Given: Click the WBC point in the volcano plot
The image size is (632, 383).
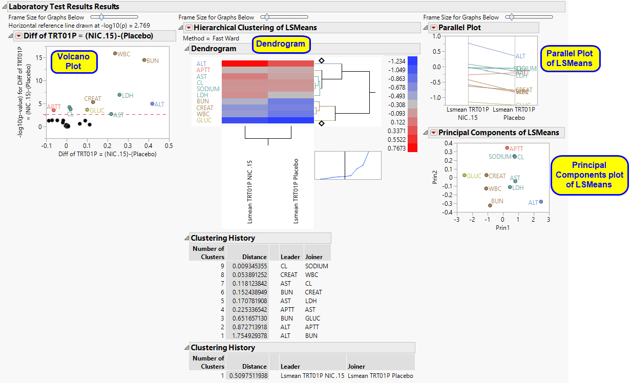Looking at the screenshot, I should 115,53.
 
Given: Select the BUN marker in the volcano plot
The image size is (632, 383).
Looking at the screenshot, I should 144,60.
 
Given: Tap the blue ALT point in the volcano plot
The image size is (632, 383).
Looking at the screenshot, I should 152,103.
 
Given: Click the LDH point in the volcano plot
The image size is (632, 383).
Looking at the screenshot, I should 119,95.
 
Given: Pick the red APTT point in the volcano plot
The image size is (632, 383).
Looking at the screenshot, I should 53,110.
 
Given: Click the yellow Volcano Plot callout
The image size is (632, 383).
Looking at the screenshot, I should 70,61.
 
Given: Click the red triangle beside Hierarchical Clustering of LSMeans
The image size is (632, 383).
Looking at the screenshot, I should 188,28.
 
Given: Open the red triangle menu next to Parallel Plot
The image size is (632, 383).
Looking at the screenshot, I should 433,28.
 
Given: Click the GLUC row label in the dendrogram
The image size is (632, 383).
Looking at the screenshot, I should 204,120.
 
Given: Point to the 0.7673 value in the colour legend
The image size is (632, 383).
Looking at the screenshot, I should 396,148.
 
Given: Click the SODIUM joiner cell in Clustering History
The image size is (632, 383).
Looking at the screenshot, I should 317,266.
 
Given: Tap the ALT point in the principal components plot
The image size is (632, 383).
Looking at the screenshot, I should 541,202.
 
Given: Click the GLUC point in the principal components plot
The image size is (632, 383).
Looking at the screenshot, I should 465,175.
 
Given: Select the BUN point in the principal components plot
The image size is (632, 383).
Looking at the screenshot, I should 490,205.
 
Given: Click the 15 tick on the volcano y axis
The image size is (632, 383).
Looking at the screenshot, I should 39,57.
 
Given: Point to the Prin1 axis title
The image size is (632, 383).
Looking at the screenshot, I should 502,227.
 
